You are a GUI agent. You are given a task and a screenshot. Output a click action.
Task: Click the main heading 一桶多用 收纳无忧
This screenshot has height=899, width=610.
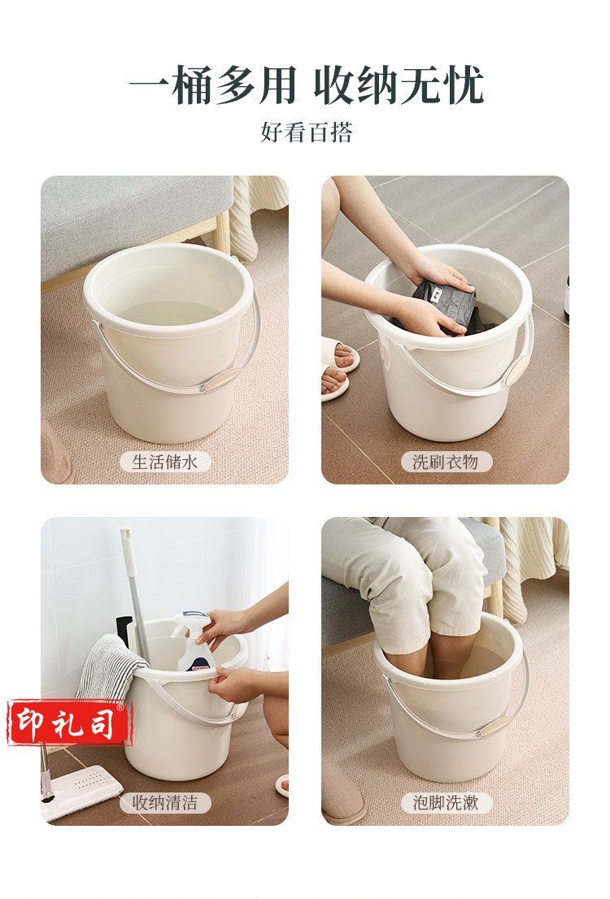(x=306, y=85)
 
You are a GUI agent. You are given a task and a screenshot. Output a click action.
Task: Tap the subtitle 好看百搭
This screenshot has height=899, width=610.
(x=306, y=132)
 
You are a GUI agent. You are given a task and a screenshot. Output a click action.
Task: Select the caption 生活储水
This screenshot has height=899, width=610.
(x=164, y=463)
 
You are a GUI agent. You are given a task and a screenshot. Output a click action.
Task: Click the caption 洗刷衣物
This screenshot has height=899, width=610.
(x=446, y=463)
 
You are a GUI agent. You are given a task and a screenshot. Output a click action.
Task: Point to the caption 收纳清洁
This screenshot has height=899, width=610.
(x=164, y=803)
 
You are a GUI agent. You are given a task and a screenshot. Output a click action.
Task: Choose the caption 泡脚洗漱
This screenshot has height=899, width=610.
(x=446, y=803)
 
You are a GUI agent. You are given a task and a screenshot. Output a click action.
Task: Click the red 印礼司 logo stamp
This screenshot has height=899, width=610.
(x=69, y=723)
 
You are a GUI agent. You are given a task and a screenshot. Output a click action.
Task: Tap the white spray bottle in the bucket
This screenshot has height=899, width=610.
(x=192, y=641)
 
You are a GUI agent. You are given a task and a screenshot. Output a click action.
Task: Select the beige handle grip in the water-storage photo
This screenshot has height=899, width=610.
(x=222, y=380)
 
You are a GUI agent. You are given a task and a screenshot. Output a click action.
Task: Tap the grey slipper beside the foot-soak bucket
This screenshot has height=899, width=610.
(x=342, y=794)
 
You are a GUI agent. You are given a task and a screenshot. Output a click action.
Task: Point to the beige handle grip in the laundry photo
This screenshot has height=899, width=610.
(x=517, y=367)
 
